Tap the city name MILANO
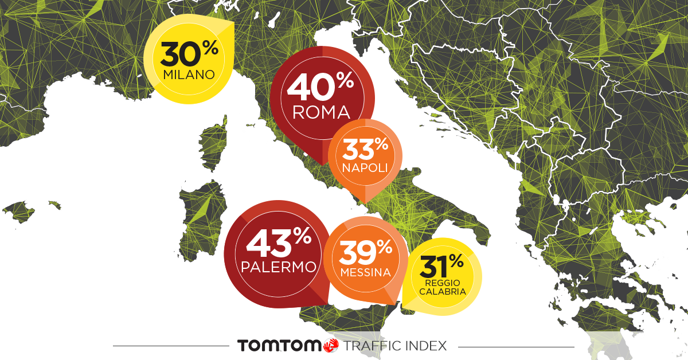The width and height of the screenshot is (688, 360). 189,75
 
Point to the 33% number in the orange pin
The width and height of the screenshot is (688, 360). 365,150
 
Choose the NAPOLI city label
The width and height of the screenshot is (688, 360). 365,168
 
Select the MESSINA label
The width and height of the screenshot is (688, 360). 365,273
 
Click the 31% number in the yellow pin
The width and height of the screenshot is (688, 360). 441,266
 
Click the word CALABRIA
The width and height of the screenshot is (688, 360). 441,291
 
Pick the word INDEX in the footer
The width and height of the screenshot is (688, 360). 427,346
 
